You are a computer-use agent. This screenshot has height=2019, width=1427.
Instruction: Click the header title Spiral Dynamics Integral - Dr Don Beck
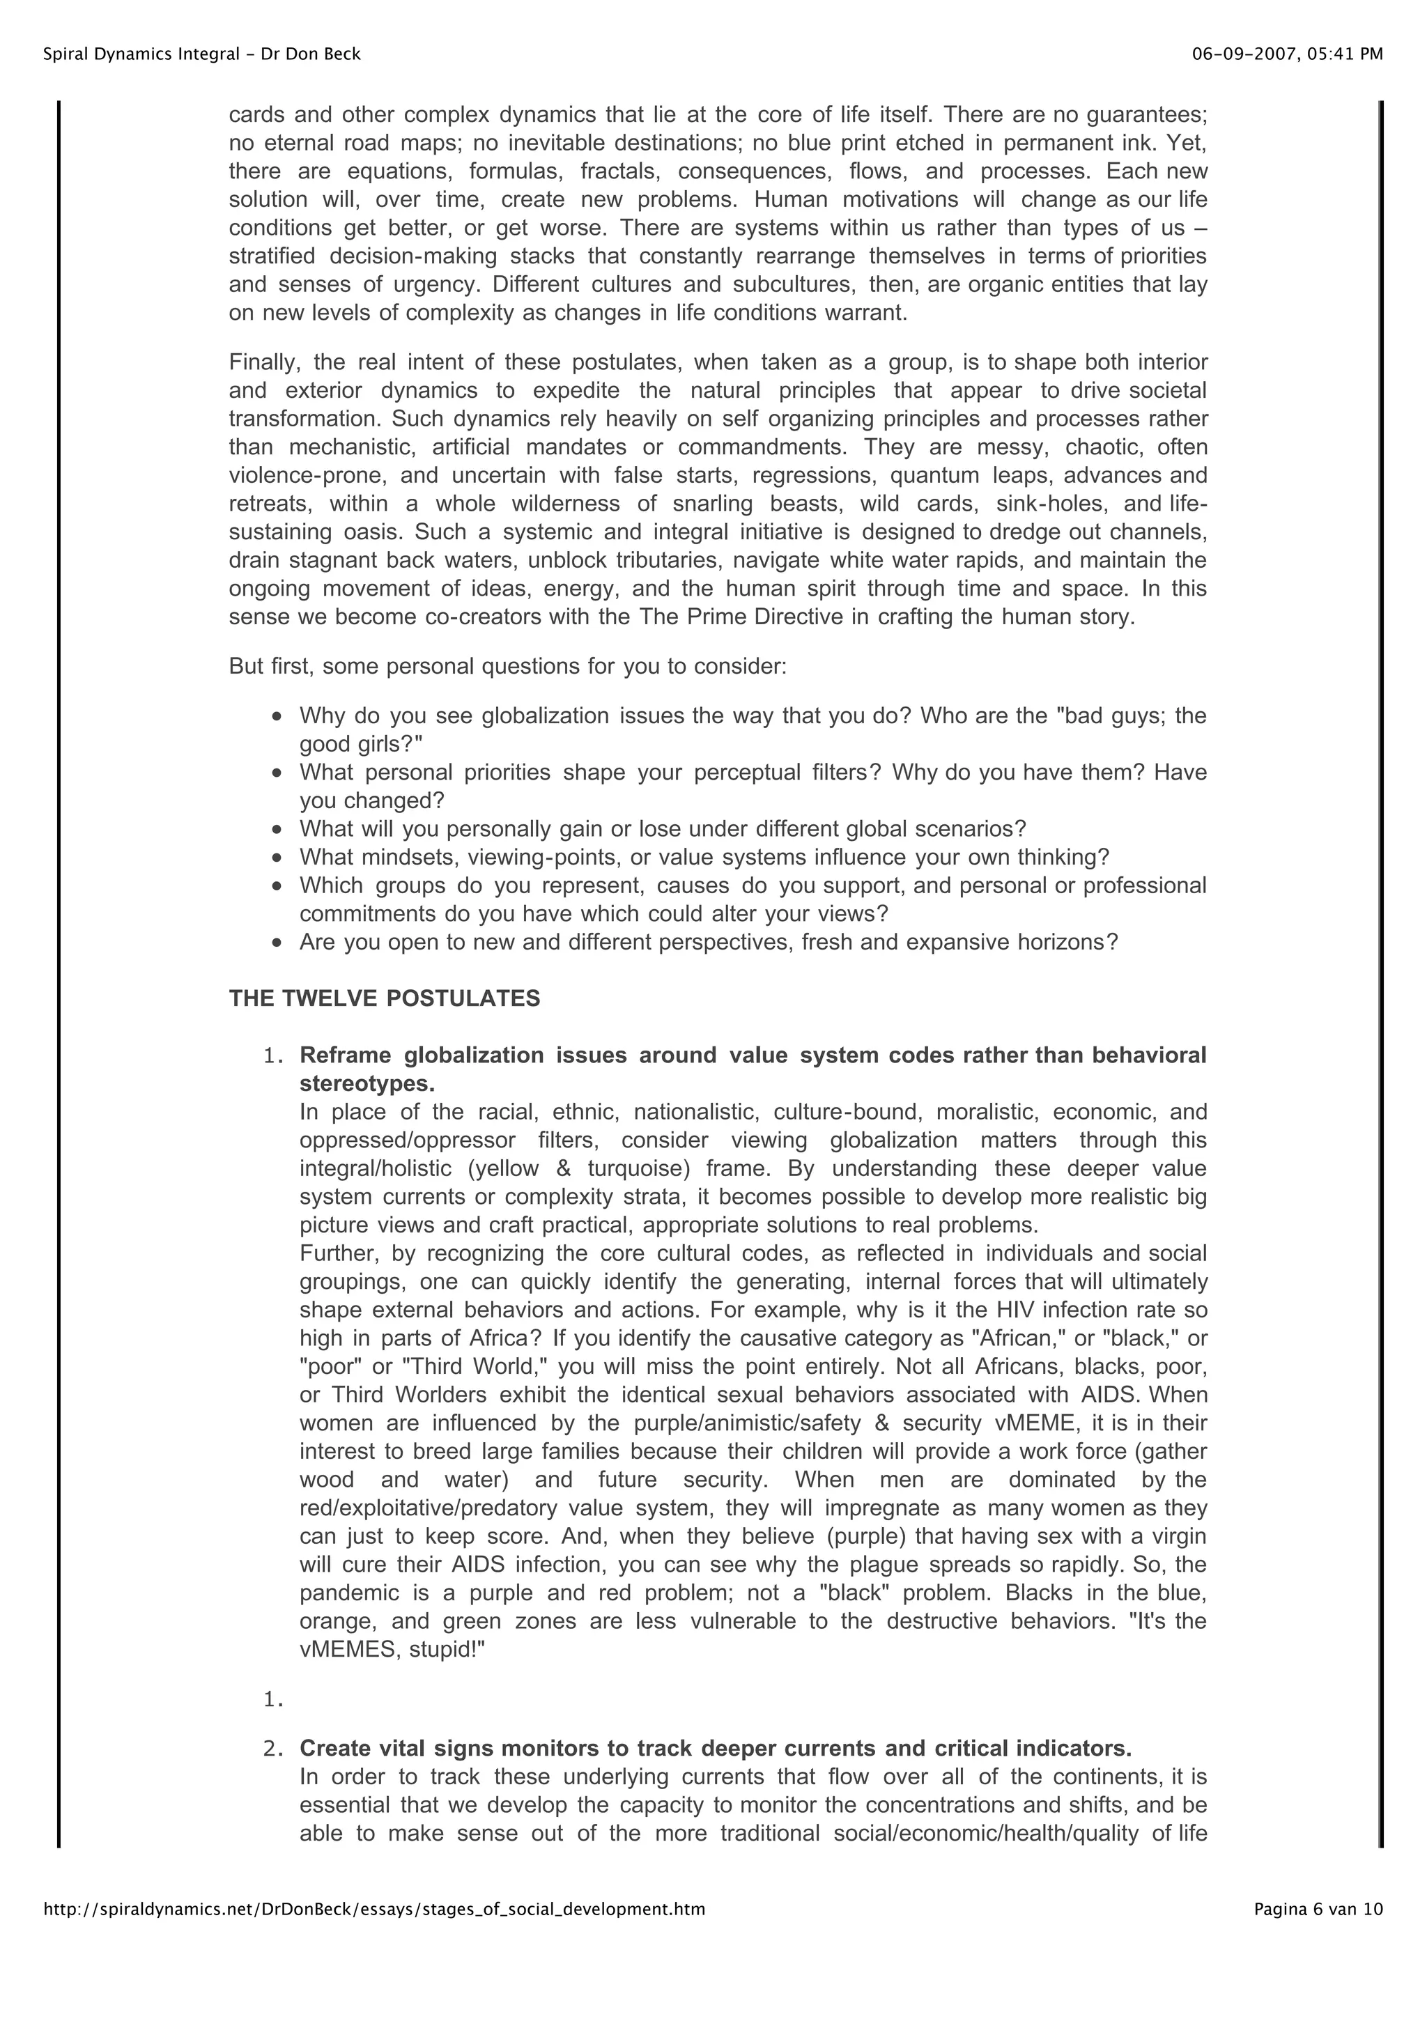pos(201,54)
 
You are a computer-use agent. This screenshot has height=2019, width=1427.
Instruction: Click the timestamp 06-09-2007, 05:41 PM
pos(1286,54)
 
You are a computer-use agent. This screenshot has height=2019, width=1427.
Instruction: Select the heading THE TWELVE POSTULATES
pos(384,998)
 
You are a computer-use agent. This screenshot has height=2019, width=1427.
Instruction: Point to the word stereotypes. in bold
pos(367,1083)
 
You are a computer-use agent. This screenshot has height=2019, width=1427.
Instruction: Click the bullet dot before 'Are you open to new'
pos(278,943)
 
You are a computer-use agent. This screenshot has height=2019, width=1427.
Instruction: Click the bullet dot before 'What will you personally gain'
pos(278,829)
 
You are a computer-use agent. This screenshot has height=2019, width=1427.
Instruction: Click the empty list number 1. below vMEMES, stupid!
pos(273,1700)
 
